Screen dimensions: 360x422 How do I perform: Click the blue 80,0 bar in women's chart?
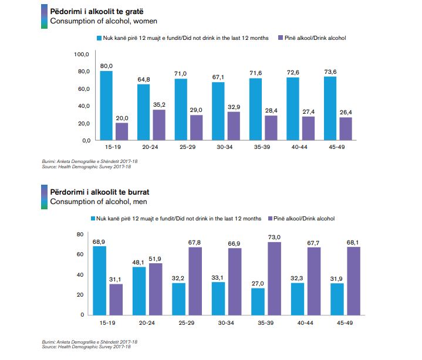point(106,106)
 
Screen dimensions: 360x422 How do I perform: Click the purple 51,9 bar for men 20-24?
point(154,289)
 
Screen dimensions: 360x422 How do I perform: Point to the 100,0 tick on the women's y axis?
point(81,54)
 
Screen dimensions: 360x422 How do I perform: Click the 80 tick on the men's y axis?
point(81,235)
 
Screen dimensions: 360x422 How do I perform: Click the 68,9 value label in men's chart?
point(99,242)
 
